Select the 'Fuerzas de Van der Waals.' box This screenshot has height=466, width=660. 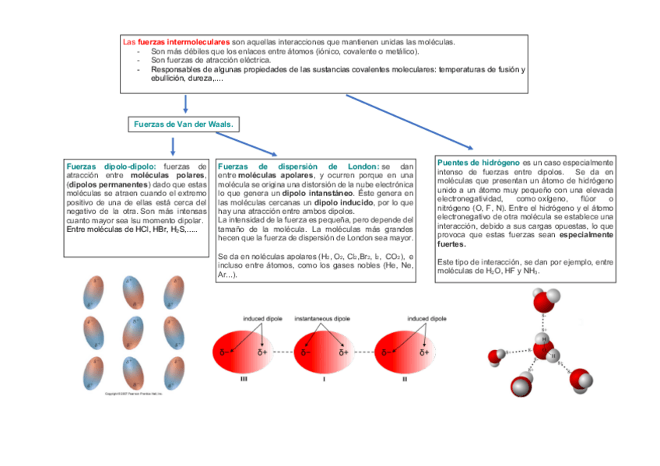point(183,124)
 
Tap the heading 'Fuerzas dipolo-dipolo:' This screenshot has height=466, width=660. point(111,166)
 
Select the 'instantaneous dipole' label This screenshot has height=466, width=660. point(322,319)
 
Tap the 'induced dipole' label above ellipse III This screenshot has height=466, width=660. point(262,319)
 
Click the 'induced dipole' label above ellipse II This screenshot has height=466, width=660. point(427,319)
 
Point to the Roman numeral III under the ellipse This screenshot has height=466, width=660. point(244,380)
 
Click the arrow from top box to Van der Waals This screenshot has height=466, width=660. point(185,104)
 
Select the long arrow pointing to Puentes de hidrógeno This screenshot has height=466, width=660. point(409,121)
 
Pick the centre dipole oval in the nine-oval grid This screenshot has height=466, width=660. point(133,332)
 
